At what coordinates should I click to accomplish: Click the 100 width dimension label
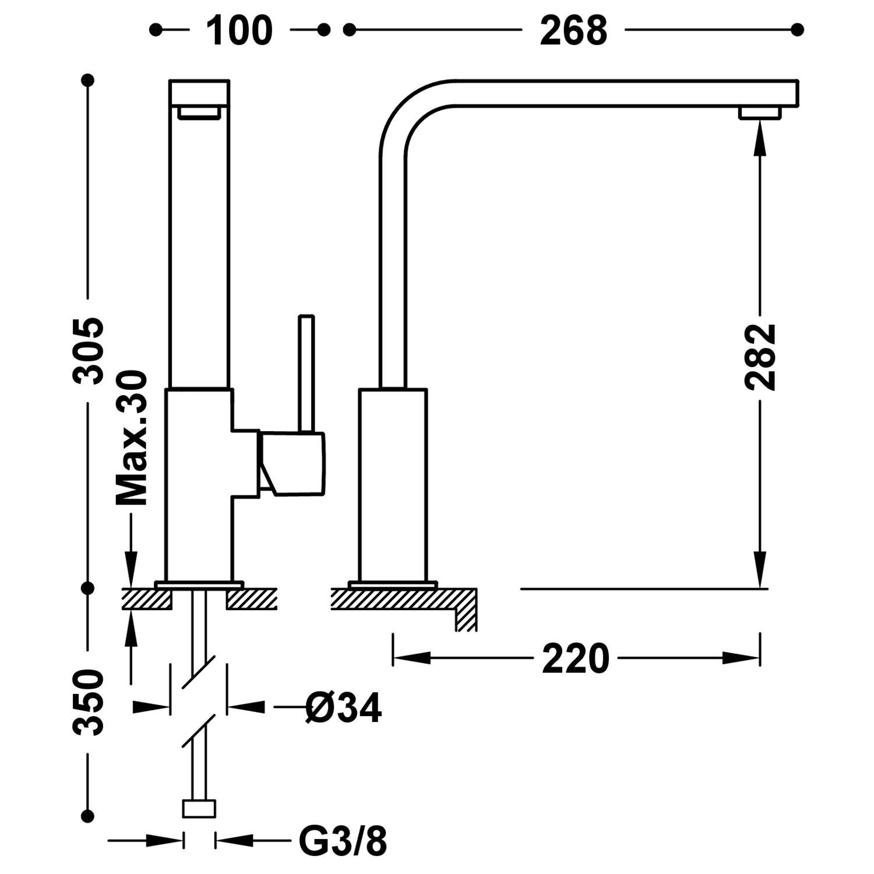pos(239,30)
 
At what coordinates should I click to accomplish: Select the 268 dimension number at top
pos(573,30)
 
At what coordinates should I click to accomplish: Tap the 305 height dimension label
pos(89,351)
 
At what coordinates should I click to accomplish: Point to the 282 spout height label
pos(760,357)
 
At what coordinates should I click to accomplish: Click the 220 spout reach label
pos(576,659)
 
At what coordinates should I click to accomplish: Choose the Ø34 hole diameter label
pos(344,708)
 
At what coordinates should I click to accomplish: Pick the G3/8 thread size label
pos(343,841)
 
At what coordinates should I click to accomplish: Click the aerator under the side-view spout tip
pos(760,113)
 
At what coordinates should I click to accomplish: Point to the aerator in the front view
pos(199,112)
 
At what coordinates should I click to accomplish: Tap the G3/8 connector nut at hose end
pos(199,809)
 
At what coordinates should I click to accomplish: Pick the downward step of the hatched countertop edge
pos(466,618)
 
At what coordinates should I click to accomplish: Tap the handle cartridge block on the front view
pos(291,464)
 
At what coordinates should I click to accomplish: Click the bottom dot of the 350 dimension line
pos(89,816)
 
